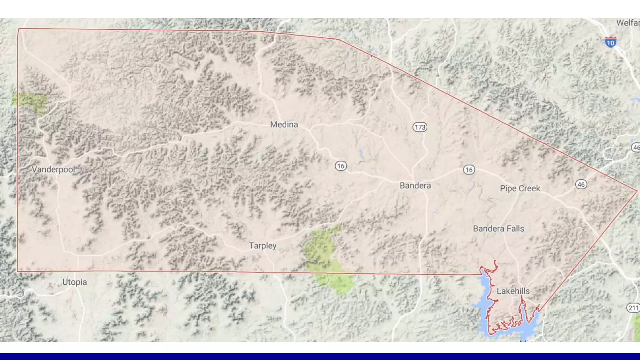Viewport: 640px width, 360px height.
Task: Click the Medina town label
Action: pos(284,124)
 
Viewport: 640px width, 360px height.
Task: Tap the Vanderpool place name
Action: pos(53,169)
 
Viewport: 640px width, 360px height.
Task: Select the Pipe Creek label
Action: pos(520,188)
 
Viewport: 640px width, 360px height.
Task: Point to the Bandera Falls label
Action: pos(498,228)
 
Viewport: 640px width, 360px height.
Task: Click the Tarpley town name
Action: pos(262,246)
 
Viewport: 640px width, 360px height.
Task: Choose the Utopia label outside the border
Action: pos(74,282)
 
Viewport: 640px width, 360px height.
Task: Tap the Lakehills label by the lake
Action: pos(513,291)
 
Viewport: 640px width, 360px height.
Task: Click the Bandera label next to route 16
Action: pos(415,185)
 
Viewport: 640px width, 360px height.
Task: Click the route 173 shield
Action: pos(420,127)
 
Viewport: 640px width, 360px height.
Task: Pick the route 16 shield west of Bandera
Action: pos(341,166)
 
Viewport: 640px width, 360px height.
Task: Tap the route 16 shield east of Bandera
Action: pos(469,170)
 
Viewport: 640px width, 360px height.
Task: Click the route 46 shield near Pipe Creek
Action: pos(581,184)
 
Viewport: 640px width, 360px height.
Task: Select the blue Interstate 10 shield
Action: pos(610,42)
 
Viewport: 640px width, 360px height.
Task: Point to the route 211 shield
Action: pos(633,308)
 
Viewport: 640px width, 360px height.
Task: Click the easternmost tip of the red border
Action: pos(637,191)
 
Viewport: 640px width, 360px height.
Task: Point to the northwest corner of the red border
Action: pos(19,29)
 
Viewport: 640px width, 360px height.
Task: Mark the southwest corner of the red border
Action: pos(17,271)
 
